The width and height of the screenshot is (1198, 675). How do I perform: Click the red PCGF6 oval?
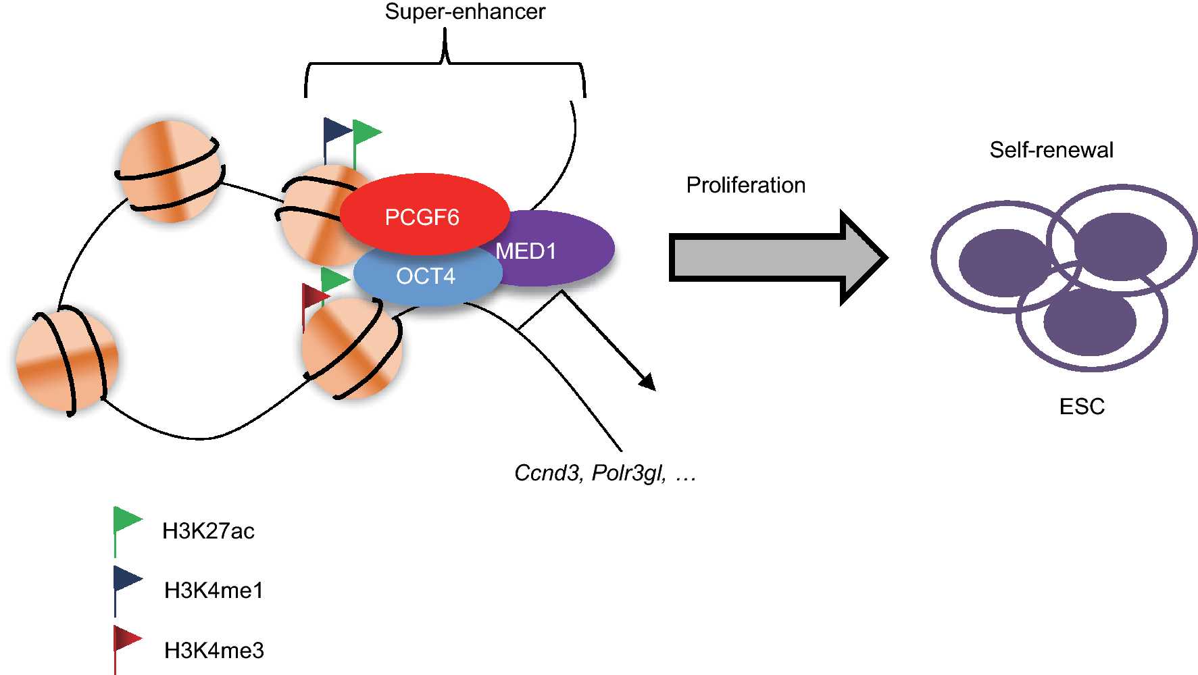(423, 214)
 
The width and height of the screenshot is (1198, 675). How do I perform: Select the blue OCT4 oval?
(426, 276)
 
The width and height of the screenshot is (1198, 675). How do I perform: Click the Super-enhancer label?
(465, 11)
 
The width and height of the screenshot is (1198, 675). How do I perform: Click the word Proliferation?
(745, 185)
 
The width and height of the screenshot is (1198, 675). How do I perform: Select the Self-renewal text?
(1051, 150)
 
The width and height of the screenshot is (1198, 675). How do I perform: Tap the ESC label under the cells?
(1082, 407)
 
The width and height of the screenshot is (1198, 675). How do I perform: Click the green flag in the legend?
(126, 521)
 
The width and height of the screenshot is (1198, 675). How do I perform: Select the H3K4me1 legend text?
(214, 591)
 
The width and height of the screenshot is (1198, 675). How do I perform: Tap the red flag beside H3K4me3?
(126, 639)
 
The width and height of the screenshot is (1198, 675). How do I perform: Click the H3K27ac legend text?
(208, 531)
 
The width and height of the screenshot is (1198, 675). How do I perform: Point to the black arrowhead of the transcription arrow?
(648, 382)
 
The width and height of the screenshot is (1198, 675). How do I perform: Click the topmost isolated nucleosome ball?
(170, 171)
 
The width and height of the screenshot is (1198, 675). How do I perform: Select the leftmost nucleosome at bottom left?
(66, 359)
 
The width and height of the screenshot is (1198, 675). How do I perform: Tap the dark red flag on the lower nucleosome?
(314, 297)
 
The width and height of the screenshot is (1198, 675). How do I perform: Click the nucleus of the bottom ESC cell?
(1089, 322)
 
